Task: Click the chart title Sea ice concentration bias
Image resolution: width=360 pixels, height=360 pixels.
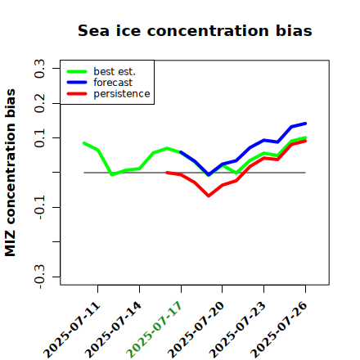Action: pyautogui.click(x=195, y=31)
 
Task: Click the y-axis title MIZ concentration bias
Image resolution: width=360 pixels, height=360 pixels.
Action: pyautogui.click(x=10, y=173)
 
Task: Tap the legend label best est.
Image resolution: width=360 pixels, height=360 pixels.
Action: pyautogui.click(x=115, y=71)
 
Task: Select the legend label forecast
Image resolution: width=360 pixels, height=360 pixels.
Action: pyautogui.click(x=113, y=83)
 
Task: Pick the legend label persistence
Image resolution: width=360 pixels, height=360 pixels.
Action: pyautogui.click(x=122, y=94)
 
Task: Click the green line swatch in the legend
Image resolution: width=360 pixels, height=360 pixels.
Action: pyautogui.click(x=77, y=71)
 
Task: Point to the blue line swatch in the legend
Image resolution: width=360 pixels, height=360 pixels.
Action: pyautogui.click(x=77, y=83)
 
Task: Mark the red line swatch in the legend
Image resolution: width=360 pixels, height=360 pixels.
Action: pyautogui.click(x=77, y=94)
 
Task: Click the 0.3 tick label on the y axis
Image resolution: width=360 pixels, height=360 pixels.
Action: pyautogui.click(x=40, y=69)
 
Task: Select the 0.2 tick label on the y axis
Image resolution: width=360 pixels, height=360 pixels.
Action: pyautogui.click(x=40, y=103)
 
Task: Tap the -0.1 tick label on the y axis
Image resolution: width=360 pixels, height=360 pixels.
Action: pyautogui.click(x=40, y=207)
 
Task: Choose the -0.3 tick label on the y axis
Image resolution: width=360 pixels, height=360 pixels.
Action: pyautogui.click(x=40, y=277)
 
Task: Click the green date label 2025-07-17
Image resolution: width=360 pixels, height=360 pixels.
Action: pyautogui.click(x=154, y=330)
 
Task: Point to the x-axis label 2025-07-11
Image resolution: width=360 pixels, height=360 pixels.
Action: pyautogui.click(x=72, y=330)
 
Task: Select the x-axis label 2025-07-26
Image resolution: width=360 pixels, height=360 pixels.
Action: pyautogui.click(x=279, y=330)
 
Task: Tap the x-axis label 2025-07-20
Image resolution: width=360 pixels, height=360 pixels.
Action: pyautogui.click(x=196, y=330)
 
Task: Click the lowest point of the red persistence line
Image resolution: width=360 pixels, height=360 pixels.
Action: pyautogui.click(x=209, y=196)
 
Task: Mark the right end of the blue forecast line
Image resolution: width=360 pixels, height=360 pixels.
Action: pyautogui.click(x=305, y=124)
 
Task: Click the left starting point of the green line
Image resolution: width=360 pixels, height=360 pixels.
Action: pyautogui.click(x=84, y=143)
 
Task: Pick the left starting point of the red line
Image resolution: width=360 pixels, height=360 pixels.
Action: pyautogui.click(x=167, y=173)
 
